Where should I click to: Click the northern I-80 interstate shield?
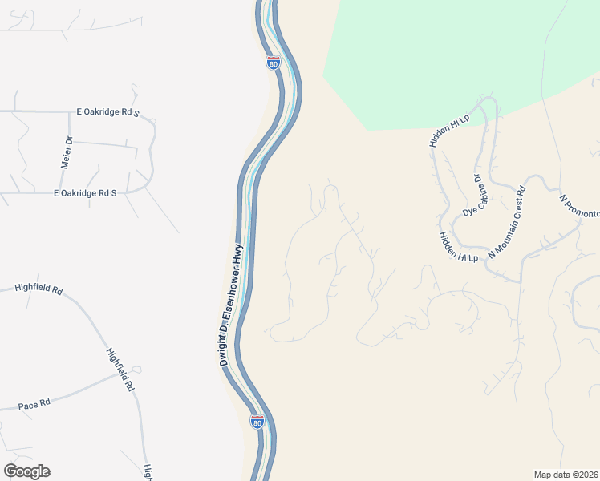[x=274, y=63]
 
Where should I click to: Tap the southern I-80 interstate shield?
[x=257, y=421]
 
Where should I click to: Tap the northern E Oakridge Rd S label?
[x=107, y=112]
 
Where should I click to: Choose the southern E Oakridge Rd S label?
[x=85, y=193]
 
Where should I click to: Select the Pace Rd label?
[x=34, y=405]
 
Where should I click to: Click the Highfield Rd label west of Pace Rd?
[x=39, y=289]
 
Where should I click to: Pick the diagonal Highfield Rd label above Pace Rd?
[x=121, y=370]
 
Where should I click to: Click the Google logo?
[x=26, y=471]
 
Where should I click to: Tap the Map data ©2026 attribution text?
[x=566, y=475]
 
